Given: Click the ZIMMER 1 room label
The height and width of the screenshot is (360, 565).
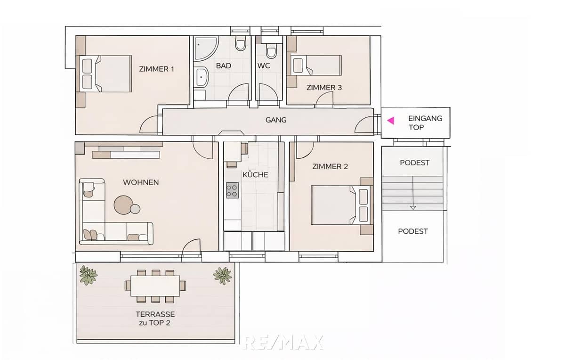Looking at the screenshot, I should [x=157, y=69].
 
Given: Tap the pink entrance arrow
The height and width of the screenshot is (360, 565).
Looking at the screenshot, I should [x=390, y=121].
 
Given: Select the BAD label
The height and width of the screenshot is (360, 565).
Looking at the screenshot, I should [x=224, y=66].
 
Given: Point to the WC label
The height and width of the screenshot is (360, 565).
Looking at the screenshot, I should [x=264, y=66].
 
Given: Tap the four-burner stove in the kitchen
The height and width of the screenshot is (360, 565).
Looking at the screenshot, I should [x=232, y=190].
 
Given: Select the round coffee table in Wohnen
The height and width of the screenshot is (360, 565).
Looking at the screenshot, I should [x=124, y=205].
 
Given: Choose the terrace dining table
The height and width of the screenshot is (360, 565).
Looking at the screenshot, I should [x=155, y=286].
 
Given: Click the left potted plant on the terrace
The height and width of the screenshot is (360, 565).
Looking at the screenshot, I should [x=87, y=275].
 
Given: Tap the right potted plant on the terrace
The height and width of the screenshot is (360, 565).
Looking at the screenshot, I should [x=222, y=275].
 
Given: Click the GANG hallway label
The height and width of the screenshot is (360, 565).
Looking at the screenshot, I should [x=276, y=120].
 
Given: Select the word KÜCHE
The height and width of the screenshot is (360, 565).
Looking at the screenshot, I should [x=255, y=175].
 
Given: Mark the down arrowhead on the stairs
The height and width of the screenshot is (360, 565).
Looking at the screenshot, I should [x=413, y=207].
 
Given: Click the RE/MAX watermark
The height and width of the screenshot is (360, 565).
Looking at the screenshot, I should [x=283, y=342].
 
